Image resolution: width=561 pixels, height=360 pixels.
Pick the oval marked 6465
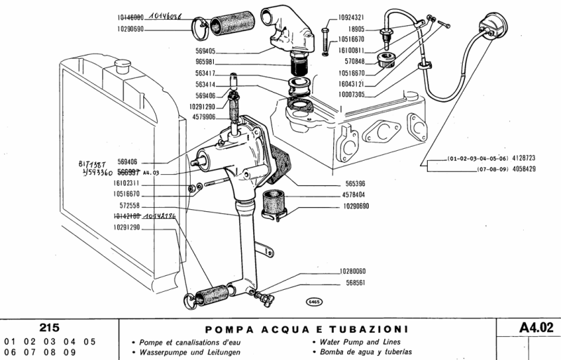[313, 302]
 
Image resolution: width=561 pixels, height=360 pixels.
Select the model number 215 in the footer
[49, 328]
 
